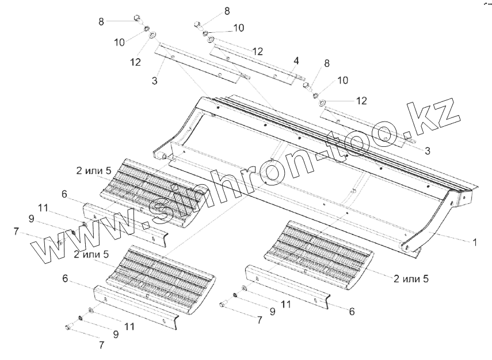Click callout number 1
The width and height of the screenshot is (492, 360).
point(475,242)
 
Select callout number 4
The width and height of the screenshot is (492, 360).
point(296,60)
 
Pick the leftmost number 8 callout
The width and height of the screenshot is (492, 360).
point(102,22)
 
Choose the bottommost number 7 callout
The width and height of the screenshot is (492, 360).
point(102,345)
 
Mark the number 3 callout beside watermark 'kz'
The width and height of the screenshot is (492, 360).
point(427,150)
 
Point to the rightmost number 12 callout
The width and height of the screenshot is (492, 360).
point(361,101)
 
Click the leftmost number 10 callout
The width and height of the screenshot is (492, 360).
point(119,41)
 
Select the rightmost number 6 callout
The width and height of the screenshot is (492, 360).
point(352,311)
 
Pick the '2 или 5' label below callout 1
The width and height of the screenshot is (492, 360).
point(411,279)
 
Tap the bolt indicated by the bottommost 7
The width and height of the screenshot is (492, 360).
point(68,328)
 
